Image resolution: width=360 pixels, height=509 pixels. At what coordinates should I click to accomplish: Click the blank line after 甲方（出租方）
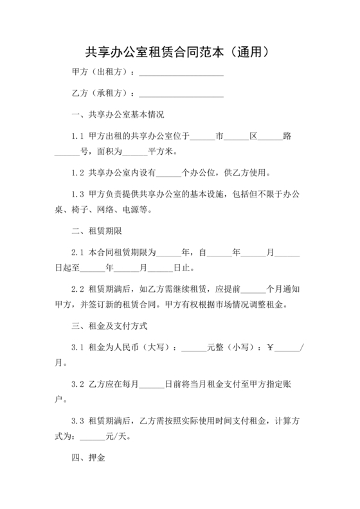pos(181,73)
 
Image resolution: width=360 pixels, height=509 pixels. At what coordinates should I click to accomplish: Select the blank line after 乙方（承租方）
pos(181,94)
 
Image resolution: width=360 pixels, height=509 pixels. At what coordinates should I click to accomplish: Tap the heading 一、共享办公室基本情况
pos(118,116)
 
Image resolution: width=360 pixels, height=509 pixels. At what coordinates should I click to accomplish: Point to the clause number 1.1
pos(78,136)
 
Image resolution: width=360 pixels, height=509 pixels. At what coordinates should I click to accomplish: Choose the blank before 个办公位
pos(170,173)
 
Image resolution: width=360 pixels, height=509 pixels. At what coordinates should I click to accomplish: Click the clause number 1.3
pos(78,193)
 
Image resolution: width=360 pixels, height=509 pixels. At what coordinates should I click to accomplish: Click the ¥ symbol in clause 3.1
pos(271,347)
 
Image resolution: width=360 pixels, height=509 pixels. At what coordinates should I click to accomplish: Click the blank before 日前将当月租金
pos(152,384)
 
